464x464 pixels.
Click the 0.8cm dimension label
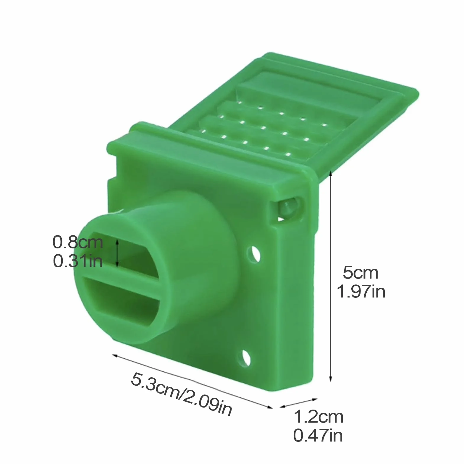78,242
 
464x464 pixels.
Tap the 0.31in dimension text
78,261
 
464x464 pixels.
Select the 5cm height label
360,273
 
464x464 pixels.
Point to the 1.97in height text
361,292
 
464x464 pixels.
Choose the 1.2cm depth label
318,417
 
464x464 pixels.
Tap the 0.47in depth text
318,436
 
